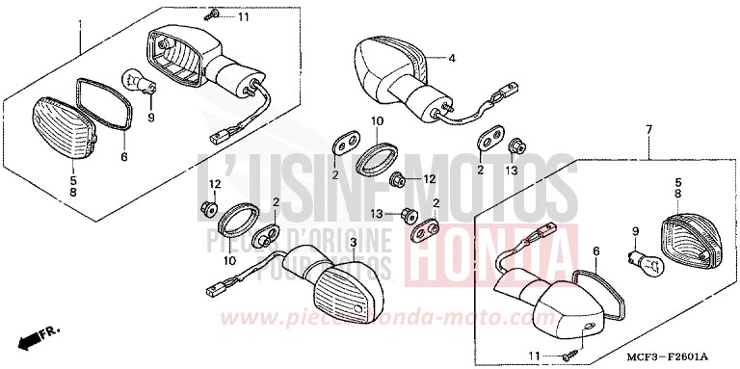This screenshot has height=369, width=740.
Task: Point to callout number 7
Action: click(649, 129)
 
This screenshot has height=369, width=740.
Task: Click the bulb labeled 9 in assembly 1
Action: click(139, 84)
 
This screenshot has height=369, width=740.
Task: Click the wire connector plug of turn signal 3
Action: click(215, 285)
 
